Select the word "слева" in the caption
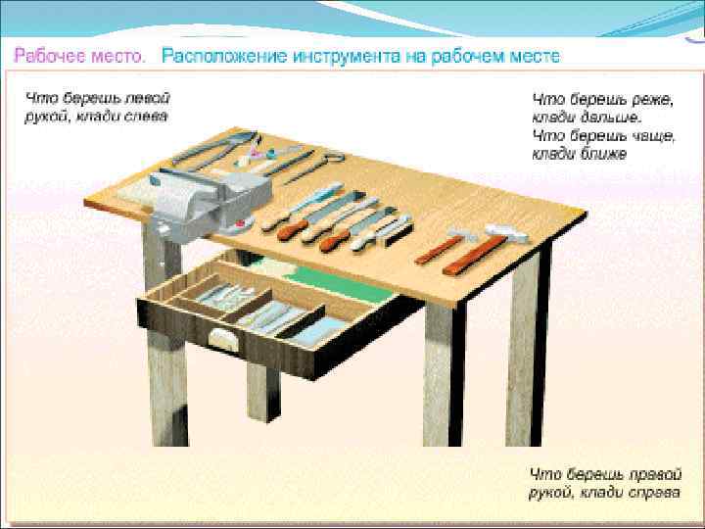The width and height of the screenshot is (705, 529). [x=144, y=116]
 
